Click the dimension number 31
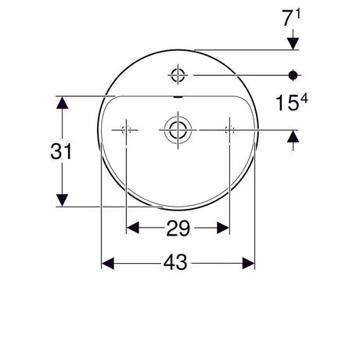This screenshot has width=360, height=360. tap(61, 151)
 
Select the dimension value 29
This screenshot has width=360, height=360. tap(178, 229)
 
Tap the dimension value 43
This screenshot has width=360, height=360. tap(175, 262)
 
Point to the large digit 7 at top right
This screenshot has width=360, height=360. tap(287, 18)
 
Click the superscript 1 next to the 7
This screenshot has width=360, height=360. tap(298, 13)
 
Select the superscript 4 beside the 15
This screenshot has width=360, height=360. tap(304, 99)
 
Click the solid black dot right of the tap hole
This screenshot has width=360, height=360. tap(293, 75)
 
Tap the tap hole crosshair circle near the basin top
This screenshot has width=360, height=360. tap(178, 74)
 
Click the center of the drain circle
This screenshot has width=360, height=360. tap(178, 130)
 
